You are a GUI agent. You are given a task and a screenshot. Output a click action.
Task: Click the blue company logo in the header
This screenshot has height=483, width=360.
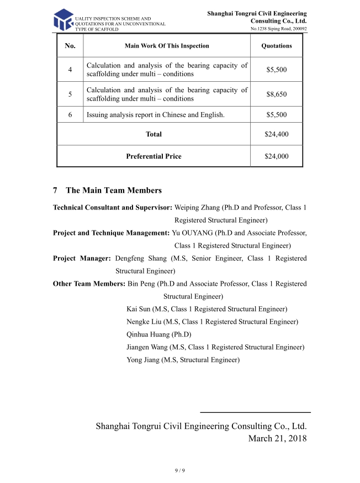pos(63,20)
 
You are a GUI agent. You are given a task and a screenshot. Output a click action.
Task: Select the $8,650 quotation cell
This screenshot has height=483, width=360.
pos(276,95)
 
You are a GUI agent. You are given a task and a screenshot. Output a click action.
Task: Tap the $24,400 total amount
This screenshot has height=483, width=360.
pos(276,134)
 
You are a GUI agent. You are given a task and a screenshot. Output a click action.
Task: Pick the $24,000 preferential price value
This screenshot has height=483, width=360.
pos(276,156)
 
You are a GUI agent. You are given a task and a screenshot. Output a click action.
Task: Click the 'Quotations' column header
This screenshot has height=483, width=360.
pos(276,46)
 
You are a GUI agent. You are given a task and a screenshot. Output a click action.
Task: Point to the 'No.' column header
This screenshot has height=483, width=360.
pos(70,46)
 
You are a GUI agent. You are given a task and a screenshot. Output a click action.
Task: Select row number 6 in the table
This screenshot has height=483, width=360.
pos(70,115)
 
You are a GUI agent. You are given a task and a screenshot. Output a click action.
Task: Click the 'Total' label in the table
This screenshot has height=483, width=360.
pos(153,134)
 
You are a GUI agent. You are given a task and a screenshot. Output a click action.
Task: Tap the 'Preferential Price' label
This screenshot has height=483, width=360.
pos(153,156)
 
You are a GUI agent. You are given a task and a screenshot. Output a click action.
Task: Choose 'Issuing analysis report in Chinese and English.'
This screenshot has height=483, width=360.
pos(156,115)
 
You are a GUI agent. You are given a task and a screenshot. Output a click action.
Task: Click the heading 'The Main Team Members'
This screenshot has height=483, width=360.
pos(113,191)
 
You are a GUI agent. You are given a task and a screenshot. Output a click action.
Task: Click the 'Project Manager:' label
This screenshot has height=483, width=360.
pos(82,258)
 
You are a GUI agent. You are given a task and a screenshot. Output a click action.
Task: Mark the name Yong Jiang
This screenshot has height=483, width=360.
pos(142,360)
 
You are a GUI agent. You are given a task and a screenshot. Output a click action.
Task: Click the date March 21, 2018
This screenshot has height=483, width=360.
pos(277,438)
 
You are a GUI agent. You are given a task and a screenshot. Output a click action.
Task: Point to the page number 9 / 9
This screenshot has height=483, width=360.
pos(179,470)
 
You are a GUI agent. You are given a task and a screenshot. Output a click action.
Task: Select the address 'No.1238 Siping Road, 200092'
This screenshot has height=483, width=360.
pos(279,28)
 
